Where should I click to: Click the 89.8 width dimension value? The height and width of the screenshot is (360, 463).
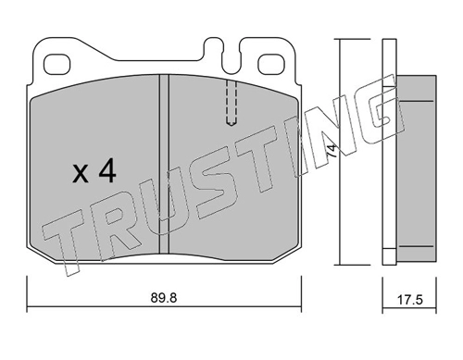coord(164,298)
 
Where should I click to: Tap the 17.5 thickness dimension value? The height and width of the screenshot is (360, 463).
coord(409,300)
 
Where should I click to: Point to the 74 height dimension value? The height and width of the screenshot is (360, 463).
coord(332,151)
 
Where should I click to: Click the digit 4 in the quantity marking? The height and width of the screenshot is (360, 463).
coord(107,172)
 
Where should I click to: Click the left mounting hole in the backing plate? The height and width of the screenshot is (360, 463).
coord(57,65)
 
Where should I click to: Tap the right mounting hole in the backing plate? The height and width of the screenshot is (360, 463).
coord(271,65)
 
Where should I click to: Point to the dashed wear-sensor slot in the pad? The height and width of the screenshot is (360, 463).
coord(231,103)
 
